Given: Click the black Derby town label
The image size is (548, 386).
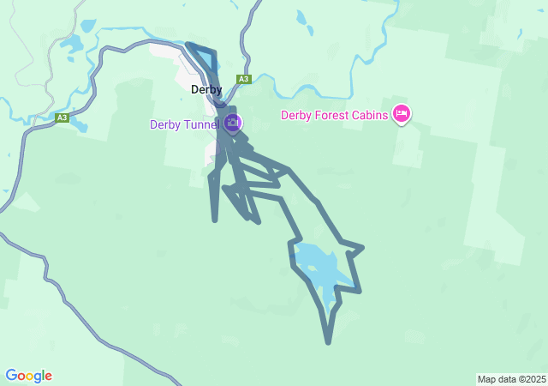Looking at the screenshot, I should coord(205,89).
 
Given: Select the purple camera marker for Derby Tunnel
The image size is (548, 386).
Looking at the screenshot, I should coord(232,124).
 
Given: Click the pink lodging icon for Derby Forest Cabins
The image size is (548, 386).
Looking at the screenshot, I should coord(401,113).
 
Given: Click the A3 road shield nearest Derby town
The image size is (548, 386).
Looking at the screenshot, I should coord(244,79).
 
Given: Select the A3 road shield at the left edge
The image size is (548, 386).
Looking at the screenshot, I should coord(62,118).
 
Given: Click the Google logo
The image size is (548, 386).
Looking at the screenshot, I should coord(28,376).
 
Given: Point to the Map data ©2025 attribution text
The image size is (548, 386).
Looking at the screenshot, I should coord(511,379).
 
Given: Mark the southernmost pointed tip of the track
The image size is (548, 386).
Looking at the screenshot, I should coord(328,342).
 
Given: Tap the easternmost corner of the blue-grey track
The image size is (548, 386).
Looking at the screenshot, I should coord(363,248).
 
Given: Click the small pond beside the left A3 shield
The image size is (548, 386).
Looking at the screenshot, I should coord(80,126).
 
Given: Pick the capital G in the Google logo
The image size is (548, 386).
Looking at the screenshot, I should coord(11,376).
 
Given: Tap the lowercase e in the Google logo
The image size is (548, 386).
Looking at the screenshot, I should coord(48,377).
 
